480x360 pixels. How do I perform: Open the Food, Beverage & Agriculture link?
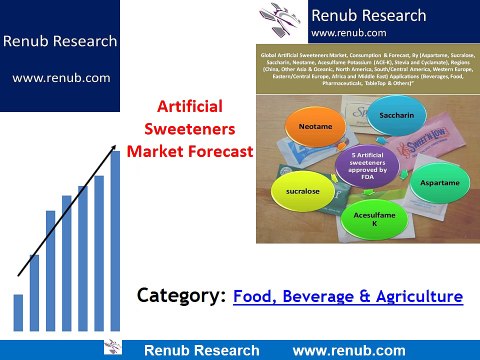tap(348, 296)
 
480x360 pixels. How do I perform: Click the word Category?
tap(180, 296)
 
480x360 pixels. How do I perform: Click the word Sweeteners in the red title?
tap(195, 128)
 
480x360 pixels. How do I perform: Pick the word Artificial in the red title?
tap(195, 107)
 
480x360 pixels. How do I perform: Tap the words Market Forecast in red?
tap(195, 150)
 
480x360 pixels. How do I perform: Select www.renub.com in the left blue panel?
tap(60, 77)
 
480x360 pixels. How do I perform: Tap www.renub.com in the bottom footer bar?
tap(349, 350)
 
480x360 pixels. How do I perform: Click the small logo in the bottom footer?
tap(113, 348)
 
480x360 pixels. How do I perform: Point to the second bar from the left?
tap(34, 291)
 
